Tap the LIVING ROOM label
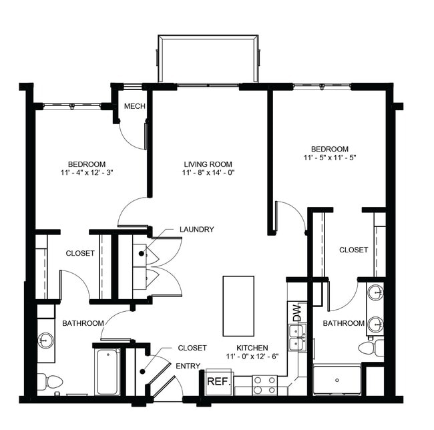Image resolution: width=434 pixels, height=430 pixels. coord(208,164)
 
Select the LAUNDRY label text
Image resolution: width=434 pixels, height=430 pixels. coord(196,230)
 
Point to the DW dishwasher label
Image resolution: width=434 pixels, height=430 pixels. coord(296,311)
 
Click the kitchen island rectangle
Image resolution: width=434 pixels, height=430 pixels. coord(238,306)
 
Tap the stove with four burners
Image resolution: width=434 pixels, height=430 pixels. coord(264,385)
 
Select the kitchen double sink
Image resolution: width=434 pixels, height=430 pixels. coord(296,337)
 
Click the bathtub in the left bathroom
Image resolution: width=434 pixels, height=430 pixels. coord(107,371)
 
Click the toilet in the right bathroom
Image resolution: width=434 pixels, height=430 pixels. coord(370,347)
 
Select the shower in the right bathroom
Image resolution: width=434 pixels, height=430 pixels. coord(337,380)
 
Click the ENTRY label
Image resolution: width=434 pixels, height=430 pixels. coord(188,366)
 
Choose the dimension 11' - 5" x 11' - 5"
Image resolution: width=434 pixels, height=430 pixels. coord(329,159)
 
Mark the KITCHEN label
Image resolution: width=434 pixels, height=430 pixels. coord(252,348)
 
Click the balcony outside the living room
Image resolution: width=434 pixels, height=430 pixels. coord(207,60)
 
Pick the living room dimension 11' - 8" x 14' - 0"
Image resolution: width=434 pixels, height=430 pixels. coord(208,173)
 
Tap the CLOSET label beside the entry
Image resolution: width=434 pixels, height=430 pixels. coord(192,348)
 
